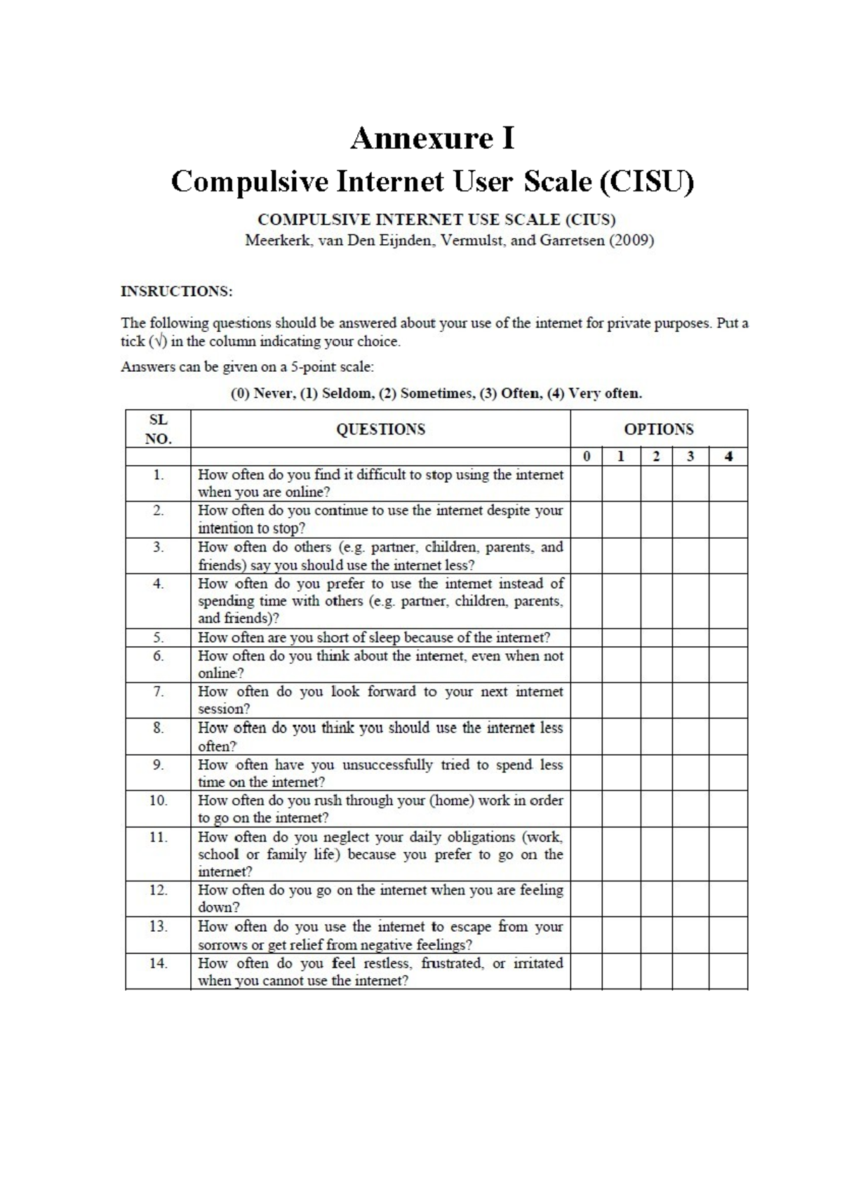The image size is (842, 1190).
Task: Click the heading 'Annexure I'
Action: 432,138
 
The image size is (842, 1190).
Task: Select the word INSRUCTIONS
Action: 176,291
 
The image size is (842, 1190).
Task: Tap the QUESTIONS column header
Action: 380,429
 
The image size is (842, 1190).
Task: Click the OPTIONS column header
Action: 658,429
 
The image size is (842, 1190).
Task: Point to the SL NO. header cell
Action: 158,429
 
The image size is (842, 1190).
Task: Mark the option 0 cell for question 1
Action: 586,483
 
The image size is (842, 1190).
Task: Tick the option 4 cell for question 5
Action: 728,637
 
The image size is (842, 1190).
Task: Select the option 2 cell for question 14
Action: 656,971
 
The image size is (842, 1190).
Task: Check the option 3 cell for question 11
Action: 690,854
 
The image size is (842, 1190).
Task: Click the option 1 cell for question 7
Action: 621,700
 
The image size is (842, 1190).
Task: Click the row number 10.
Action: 158,801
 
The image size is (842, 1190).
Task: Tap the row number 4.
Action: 158,584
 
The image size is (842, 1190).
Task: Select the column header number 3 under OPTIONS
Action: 690,457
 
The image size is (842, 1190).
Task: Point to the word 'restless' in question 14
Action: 386,963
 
